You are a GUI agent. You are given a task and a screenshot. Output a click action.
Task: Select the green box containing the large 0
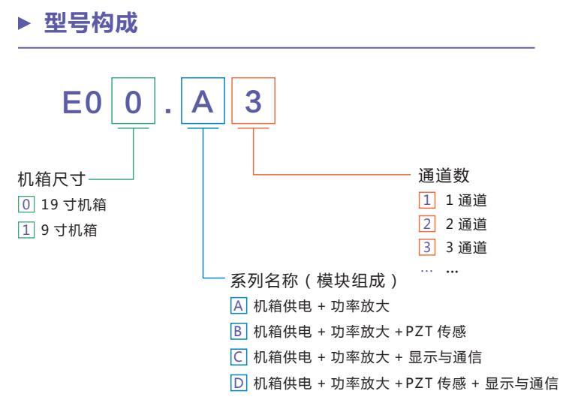pyautogui.click(x=133, y=101)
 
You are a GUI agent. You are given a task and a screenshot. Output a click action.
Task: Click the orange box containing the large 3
pyautogui.click(x=253, y=101)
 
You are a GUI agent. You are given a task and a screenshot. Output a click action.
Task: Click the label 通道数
pyautogui.click(x=444, y=176)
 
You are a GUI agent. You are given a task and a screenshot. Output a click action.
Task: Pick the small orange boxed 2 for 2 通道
pyautogui.click(x=425, y=224)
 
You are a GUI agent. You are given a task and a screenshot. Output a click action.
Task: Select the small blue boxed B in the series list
pyautogui.click(x=238, y=331)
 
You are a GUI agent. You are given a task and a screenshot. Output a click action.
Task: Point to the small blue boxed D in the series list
pyautogui.click(x=238, y=383)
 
